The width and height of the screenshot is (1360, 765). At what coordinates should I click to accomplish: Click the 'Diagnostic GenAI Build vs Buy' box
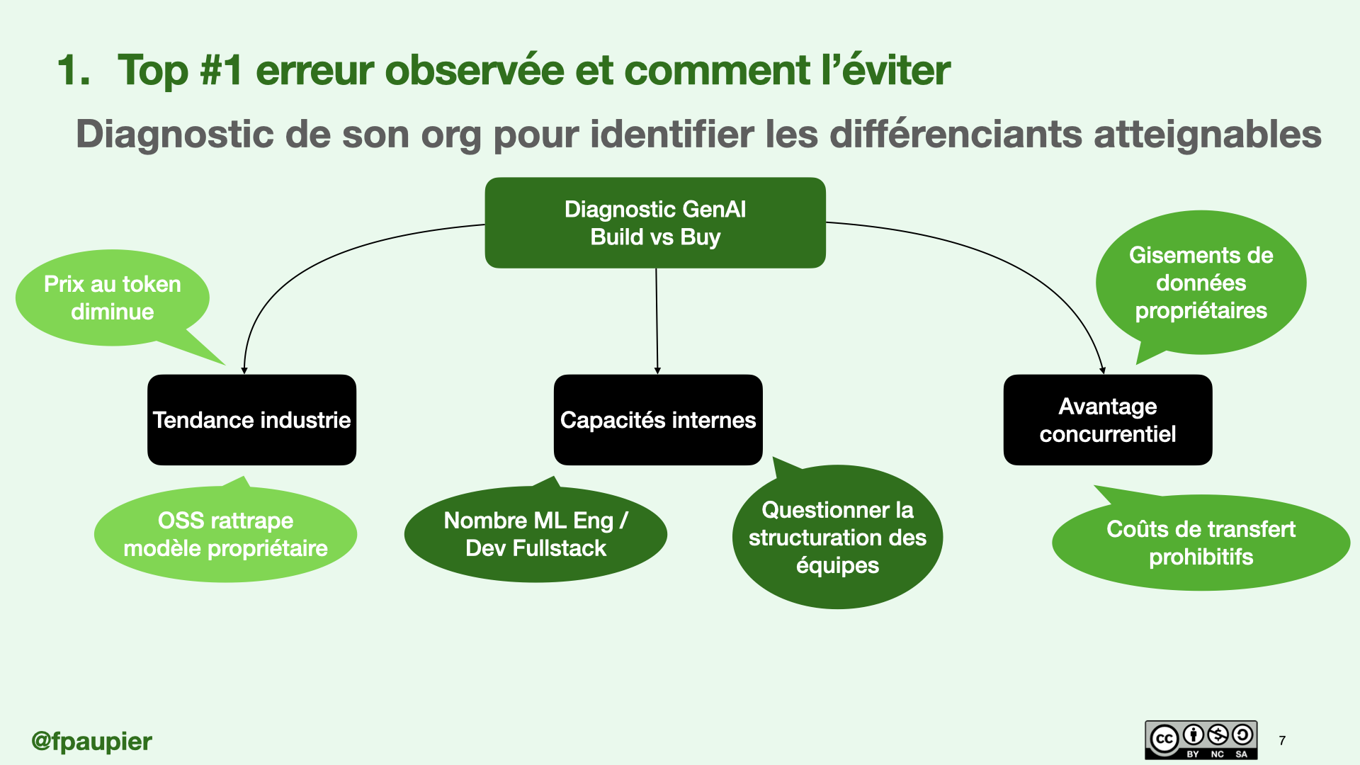click(x=655, y=222)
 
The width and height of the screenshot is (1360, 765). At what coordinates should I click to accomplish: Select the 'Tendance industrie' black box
click(x=251, y=420)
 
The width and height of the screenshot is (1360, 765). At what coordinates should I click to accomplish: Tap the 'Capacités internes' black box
click(x=658, y=420)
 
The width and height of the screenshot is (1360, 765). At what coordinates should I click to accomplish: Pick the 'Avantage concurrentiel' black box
click(x=1107, y=420)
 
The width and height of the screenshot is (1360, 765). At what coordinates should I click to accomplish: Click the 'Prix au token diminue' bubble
click(x=112, y=298)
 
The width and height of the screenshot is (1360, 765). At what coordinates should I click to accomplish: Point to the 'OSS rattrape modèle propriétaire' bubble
click(x=225, y=535)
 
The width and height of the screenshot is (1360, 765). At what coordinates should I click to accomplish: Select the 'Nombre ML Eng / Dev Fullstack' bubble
click(x=535, y=535)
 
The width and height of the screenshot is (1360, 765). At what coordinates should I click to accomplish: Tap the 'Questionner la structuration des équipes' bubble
click(x=837, y=538)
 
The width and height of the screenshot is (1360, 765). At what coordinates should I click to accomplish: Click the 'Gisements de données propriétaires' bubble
click(x=1201, y=283)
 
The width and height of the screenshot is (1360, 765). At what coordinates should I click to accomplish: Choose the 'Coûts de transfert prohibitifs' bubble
click(x=1201, y=543)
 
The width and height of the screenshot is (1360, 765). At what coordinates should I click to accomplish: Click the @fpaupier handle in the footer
click(x=91, y=742)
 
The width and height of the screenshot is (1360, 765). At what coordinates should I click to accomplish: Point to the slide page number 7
click(x=1282, y=741)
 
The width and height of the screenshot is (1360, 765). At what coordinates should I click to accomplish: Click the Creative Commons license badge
click(x=1201, y=740)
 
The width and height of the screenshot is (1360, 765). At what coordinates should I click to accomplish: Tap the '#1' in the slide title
click(x=222, y=71)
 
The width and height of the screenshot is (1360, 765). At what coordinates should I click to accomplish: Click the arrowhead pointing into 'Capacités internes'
click(x=657, y=370)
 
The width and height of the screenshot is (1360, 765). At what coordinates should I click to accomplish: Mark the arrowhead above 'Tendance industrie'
click(x=244, y=370)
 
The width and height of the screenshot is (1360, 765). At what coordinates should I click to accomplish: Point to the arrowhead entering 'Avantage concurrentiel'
click(x=1103, y=370)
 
